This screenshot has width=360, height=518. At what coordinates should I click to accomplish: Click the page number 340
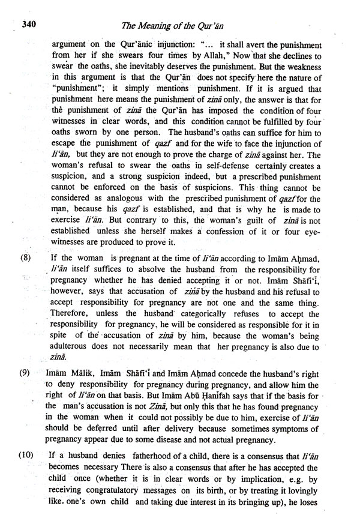click(31, 25)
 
